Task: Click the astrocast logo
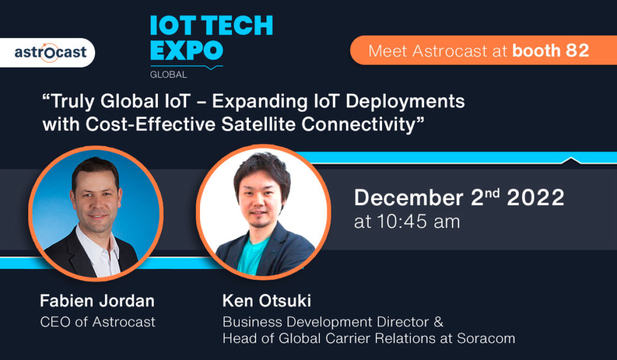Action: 51,52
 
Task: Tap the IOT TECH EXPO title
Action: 211,38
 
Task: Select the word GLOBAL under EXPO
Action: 169,74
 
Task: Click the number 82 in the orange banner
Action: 577,51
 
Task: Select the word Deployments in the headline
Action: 406,102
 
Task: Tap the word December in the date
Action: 409,197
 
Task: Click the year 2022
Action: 535,197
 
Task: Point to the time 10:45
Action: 402,221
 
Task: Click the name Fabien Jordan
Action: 97,301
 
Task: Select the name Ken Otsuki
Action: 266,301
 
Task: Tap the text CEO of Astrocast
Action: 98,322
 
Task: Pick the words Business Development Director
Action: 326,322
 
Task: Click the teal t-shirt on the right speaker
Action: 252,256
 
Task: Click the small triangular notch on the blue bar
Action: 571,160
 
